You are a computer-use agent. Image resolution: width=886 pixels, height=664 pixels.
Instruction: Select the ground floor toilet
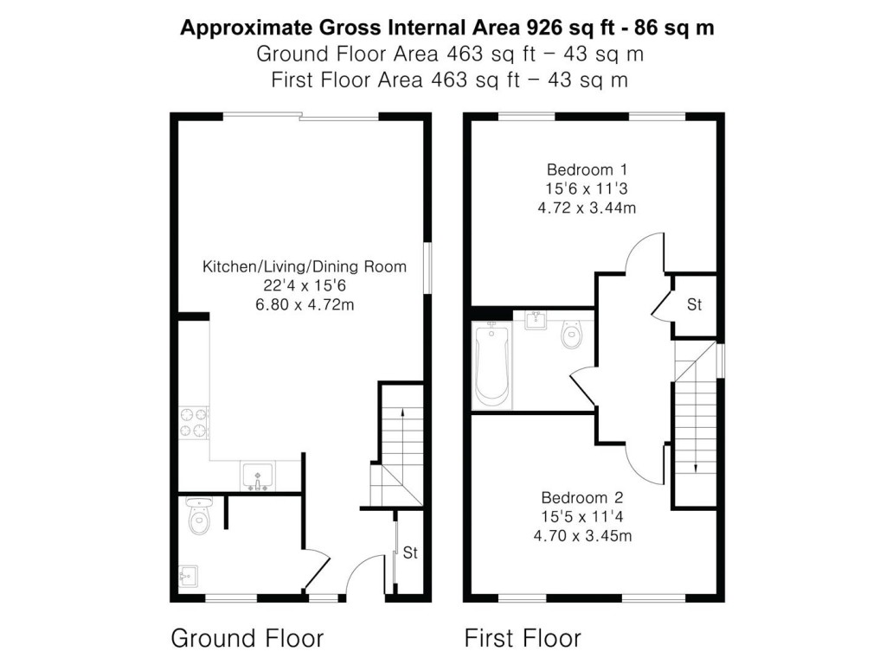point(199,517)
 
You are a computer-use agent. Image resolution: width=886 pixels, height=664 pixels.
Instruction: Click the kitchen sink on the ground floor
point(258,476)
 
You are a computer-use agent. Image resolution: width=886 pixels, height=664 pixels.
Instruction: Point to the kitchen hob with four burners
point(194,422)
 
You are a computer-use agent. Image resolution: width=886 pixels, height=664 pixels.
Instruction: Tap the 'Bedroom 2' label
point(582,498)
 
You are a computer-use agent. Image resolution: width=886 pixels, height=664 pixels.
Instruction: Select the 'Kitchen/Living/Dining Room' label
point(304,266)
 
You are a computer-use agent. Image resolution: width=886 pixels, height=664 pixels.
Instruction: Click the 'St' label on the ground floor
point(410,553)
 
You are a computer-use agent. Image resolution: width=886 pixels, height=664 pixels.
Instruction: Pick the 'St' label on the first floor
point(695,305)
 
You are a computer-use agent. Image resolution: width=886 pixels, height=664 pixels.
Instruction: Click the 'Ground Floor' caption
point(247,639)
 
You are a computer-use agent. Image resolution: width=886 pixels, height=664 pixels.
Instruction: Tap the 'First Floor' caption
point(523,639)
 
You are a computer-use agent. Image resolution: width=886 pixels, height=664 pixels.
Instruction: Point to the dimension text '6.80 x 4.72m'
point(304,304)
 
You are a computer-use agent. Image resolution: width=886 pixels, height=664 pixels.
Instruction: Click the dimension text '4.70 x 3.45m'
point(582,536)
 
